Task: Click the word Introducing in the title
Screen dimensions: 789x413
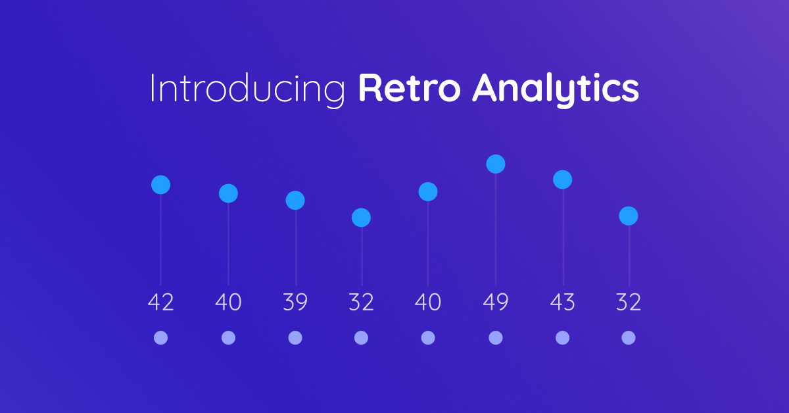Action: pyautogui.click(x=248, y=89)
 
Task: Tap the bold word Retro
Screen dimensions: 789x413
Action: pyautogui.click(x=410, y=87)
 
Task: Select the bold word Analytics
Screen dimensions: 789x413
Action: pyautogui.click(x=556, y=89)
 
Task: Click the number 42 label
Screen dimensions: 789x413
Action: pyautogui.click(x=160, y=302)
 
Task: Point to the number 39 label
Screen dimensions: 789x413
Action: pyautogui.click(x=295, y=302)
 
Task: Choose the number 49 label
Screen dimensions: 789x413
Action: pyautogui.click(x=496, y=302)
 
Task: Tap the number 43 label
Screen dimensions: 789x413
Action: pyautogui.click(x=563, y=302)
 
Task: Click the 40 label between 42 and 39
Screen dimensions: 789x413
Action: pyautogui.click(x=228, y=302)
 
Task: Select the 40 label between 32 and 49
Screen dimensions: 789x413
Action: pyautogui.click(x=428, y=302)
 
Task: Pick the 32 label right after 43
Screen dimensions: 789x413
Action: pyautogui.click(x=629, y=302)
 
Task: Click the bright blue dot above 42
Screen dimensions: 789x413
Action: pyautogui.click(x=160, y=185)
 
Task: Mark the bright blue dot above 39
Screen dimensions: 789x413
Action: pyautogui.click(x=295, y=200)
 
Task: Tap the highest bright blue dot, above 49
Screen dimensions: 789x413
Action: pyautogui.click(x=496, y=164)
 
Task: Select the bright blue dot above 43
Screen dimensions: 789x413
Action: pyautogui.click(x=563, y=180)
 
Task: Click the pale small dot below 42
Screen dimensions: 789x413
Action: pyautogui.click(x=160, y=337)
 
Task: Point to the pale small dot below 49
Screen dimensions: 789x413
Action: pyautogui.click(x=496, y=337)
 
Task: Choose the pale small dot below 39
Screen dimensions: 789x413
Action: pyautogui.click(x=295, y=337)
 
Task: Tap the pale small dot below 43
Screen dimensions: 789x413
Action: pyautogui.click(x=563, y=337)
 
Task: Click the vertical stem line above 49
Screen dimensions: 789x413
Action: pyautogui.click(x=496, y=230)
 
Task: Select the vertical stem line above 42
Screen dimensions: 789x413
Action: pyautogui.click(x=160, y=240)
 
